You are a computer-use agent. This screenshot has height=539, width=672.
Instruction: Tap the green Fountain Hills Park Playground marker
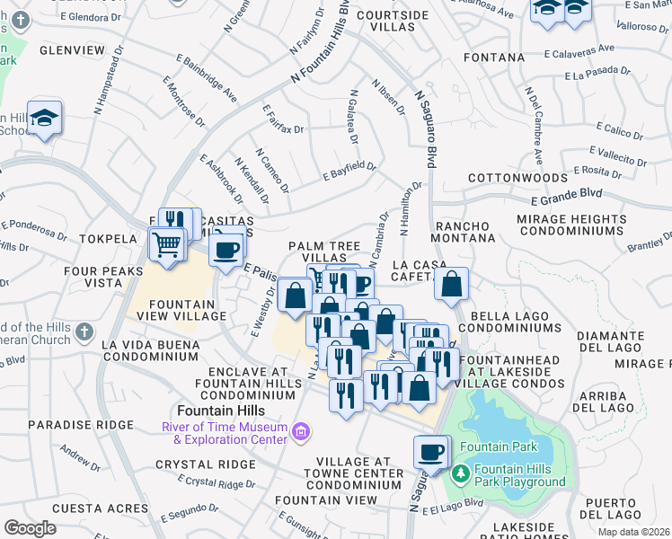pyautogui.click(x=461, y=472)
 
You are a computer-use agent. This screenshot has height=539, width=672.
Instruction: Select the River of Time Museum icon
pyautogui.click(x=302, y=432)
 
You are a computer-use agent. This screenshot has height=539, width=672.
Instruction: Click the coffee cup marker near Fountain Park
pyautogui.click(x=431, y=452)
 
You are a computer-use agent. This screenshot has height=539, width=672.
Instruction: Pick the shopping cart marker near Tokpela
pyautogui.click(x=166, y=244)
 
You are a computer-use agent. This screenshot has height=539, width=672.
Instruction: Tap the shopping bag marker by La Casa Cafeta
pyautogui.click(x=452, y=284)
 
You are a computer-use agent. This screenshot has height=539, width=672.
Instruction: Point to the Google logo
pyautogui.click(x=30, y=527)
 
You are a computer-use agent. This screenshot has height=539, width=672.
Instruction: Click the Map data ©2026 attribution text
pyautogui.click(x=634, y=533)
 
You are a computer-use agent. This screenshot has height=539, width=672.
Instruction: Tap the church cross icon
pyautogui.click(x=84, y=332)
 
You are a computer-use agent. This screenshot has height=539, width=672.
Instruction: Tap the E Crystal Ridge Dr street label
pyautogui.click(x=217, y=482)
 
